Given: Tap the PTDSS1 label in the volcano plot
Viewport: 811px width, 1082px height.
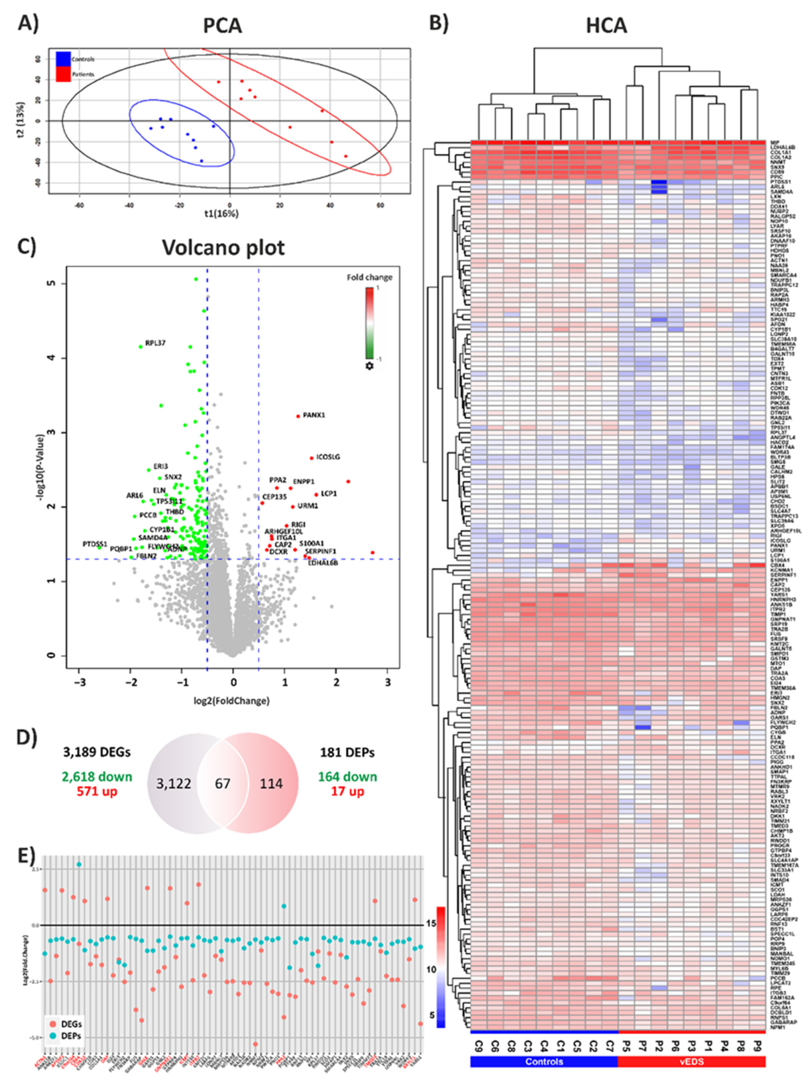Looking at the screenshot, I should tap(94, 544).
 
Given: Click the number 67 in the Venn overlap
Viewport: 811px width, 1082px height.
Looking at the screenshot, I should tap(223, 783).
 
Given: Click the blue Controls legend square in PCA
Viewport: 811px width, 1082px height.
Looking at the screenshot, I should tap(63, 59).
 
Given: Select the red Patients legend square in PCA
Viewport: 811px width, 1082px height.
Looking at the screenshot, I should tap(63, 74).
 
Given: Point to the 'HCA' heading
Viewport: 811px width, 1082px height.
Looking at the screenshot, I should tap(606, 26).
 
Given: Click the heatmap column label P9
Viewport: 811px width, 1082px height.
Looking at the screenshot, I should tap(758, 1043).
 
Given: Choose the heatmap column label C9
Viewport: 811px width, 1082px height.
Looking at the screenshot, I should tap(479, 1043).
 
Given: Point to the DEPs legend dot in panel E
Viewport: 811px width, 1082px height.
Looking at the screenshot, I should tap(52, 1035).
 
